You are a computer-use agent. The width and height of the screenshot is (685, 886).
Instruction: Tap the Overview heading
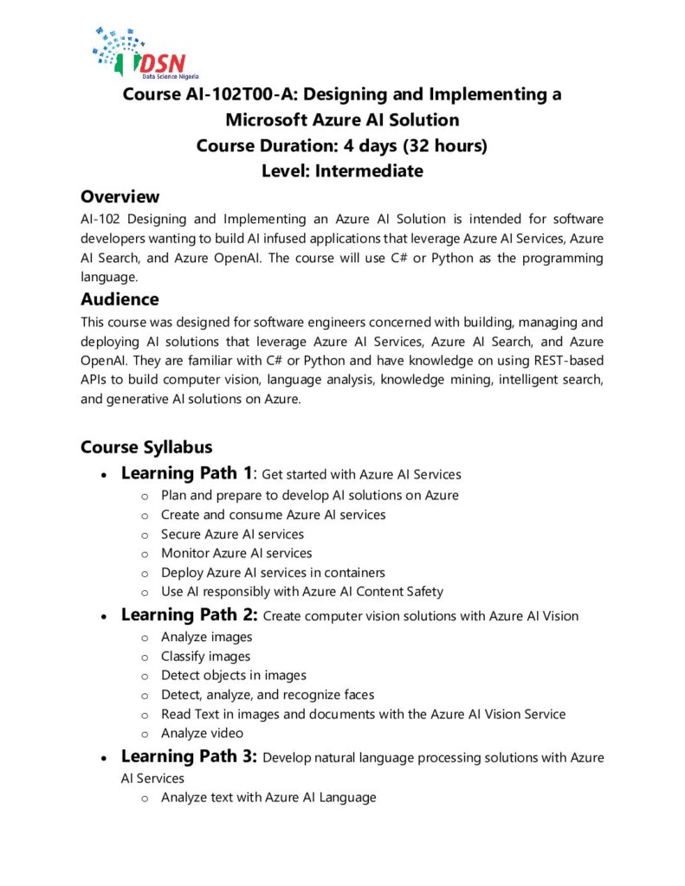(120, 196)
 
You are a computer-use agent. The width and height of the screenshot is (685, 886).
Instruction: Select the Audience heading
(120, 299)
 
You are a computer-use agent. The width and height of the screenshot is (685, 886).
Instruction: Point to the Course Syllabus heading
(146, 446)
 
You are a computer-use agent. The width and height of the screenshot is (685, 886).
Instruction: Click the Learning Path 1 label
(186, 473)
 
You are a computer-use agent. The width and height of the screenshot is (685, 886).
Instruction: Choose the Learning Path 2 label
(189, 615)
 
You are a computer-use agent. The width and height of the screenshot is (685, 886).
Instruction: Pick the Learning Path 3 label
(189, 757)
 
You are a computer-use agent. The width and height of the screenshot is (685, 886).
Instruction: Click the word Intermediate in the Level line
(369, 170)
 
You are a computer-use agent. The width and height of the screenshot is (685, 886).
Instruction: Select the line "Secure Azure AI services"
(232, 534)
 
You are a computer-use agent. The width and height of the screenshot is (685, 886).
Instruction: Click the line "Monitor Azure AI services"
(236, 553)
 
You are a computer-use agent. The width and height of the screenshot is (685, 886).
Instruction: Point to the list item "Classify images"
(205, 656)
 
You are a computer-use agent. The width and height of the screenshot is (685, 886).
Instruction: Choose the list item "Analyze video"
(202, 733)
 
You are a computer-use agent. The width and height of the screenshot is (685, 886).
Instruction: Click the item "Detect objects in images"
(233, 675)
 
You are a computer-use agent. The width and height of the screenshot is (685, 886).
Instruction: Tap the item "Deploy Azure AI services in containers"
(273, 572)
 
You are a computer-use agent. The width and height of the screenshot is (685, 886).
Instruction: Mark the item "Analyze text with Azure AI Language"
(268, 797)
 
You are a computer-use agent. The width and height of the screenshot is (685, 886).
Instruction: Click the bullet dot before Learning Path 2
(104, 617)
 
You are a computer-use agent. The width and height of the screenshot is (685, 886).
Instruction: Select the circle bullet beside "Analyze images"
(144, 638)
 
